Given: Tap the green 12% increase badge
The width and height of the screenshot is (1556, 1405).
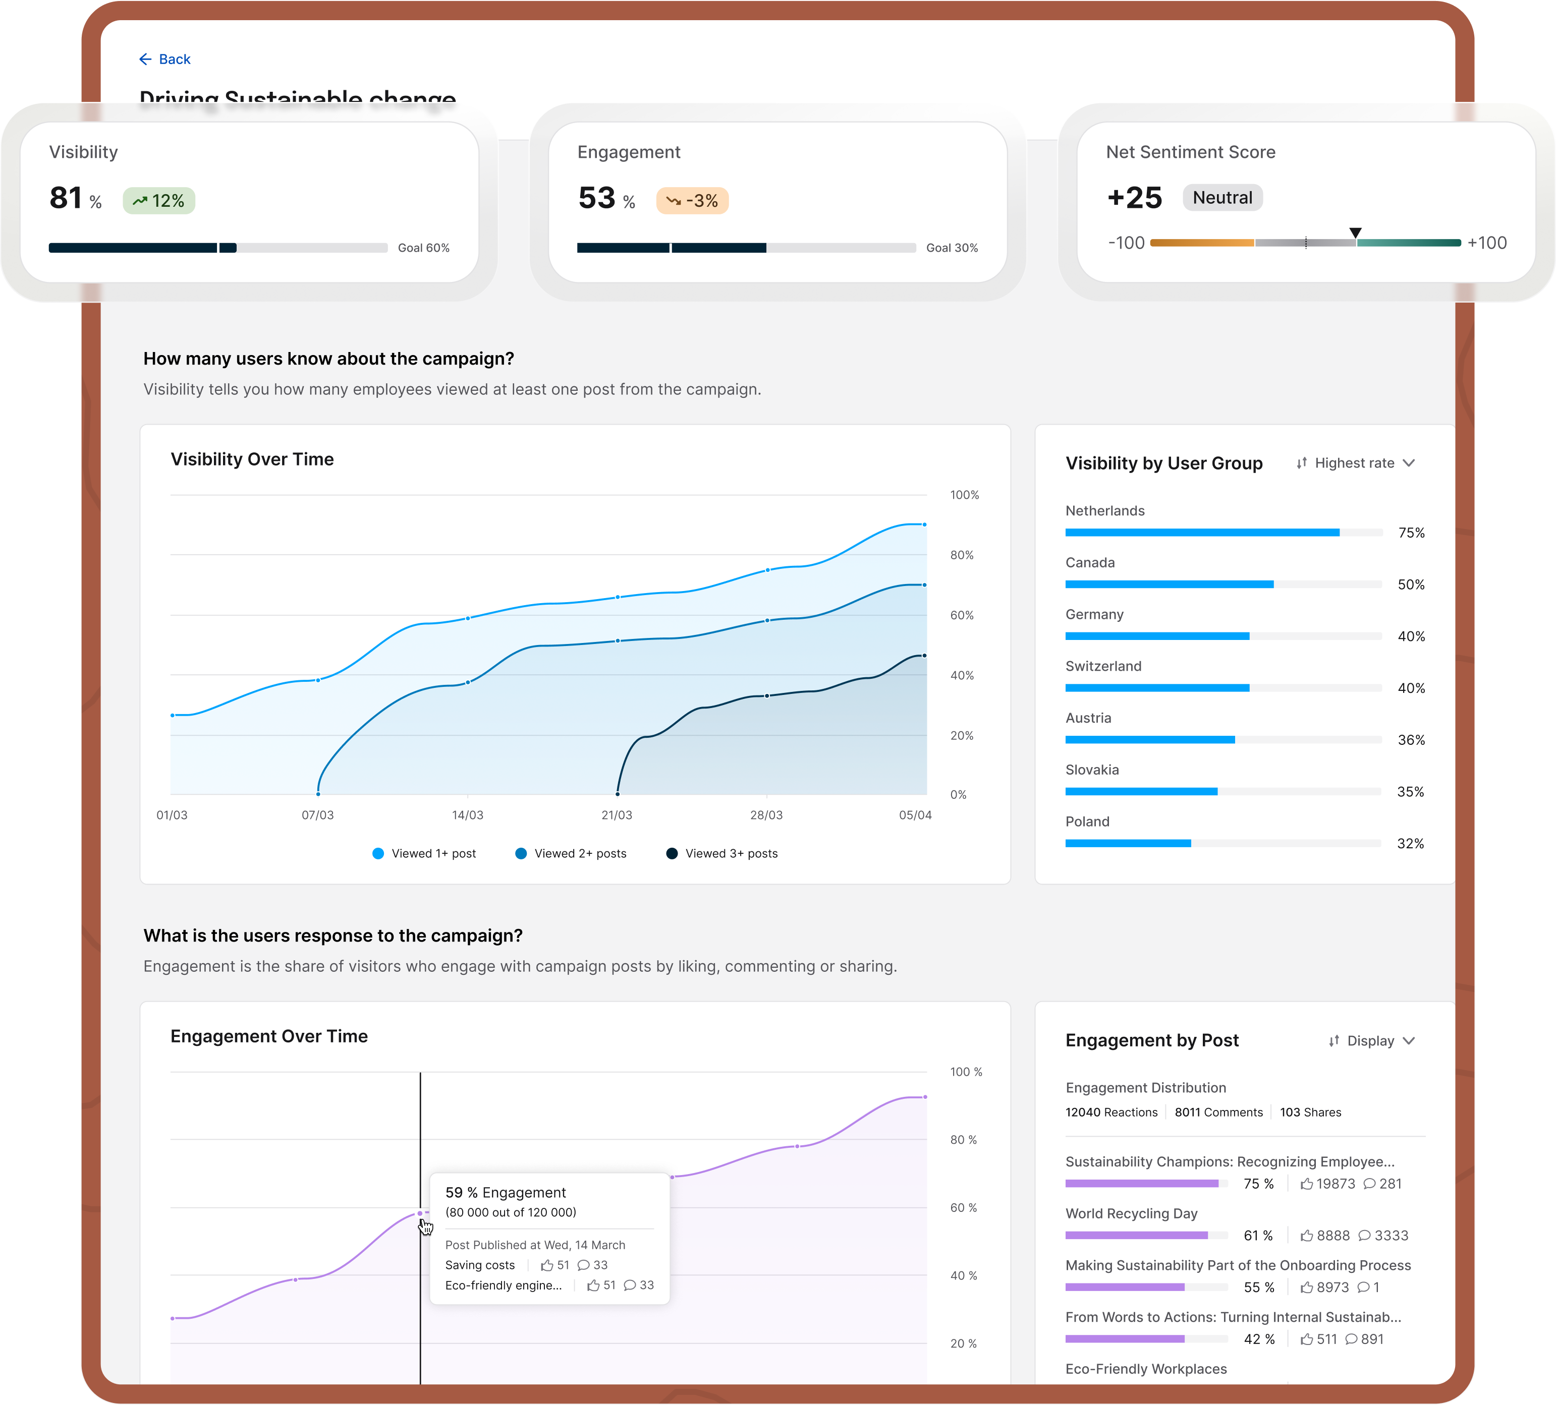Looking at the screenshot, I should point(159,201).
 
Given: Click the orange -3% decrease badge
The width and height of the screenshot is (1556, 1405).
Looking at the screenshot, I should point(692,201).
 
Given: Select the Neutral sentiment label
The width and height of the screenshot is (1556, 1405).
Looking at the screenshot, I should point(1222,198).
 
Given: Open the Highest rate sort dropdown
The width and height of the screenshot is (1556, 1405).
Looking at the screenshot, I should point(1355,463).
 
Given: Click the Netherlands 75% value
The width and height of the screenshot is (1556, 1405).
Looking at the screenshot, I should point(1411,533).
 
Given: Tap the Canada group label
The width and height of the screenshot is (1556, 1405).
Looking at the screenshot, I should point(1090,562).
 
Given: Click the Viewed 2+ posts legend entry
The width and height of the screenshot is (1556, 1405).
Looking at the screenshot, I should point(571,853).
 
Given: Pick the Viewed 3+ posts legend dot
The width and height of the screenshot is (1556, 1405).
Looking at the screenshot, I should point(672,853).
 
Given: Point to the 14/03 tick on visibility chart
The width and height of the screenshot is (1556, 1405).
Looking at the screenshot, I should point(468,815).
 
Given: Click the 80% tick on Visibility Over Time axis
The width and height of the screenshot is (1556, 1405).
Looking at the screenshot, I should point(962,555).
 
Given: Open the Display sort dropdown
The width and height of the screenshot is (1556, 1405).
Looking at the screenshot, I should point(1371,1041).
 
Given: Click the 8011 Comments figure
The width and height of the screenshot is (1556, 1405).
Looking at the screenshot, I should point(1218,1112).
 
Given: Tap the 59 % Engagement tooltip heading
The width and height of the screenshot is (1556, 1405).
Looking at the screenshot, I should point(506,1193).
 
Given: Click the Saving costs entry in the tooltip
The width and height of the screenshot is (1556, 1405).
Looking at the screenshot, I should point(480,1265).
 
